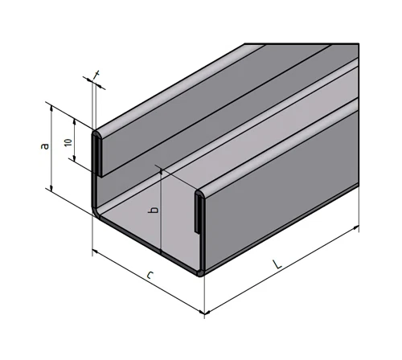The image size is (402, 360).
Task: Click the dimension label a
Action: tap(46, 145)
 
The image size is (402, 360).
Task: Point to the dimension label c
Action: tap(150, 277)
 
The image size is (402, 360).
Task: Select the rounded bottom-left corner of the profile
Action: tap(96, 210)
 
